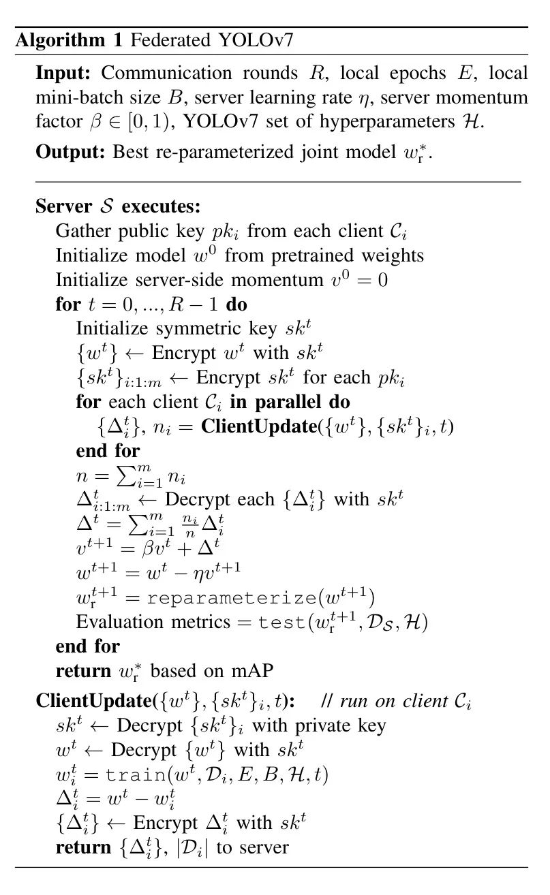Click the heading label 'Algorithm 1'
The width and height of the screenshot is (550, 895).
pos(67,40)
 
